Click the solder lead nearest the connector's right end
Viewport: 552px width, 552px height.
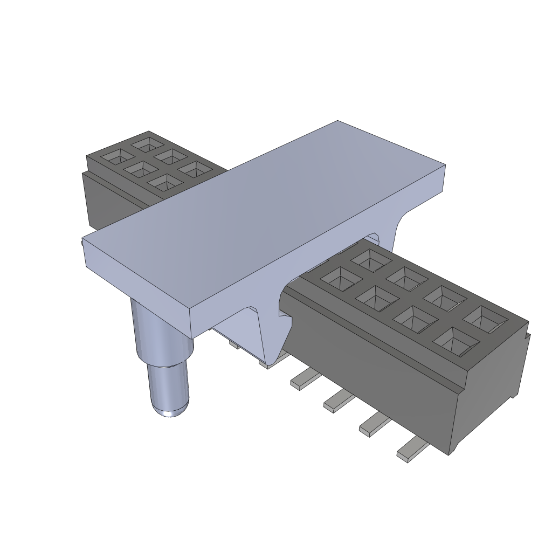point(412,449)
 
